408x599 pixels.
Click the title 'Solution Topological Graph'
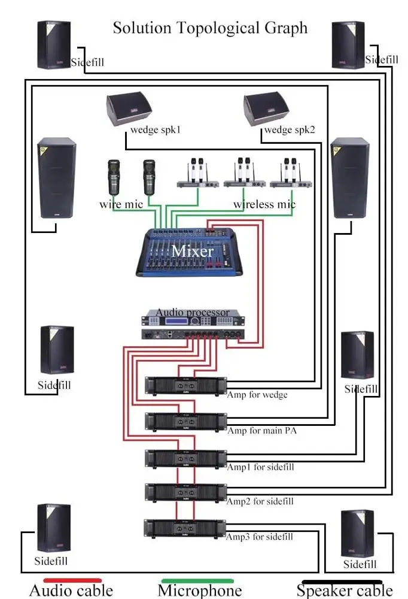coord(210,28)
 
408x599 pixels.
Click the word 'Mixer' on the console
coord(192,250)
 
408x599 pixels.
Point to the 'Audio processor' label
coord(192,313)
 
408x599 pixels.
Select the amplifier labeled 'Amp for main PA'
coord(186,421)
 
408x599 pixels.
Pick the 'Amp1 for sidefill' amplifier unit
coord(186,458)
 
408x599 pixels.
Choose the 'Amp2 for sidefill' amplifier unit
coord(186,492)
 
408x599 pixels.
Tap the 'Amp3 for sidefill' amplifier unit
coord(186,528)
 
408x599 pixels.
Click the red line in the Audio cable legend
coord(72,580)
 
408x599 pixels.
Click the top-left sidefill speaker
coord(54,44)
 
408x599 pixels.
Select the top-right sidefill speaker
coord(348,44)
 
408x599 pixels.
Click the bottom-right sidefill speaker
coord(357,533)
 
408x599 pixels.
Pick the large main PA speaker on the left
coord(57,179)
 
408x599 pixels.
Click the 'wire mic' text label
coord(121,205)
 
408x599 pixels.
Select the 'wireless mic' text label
coord(264,205)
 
